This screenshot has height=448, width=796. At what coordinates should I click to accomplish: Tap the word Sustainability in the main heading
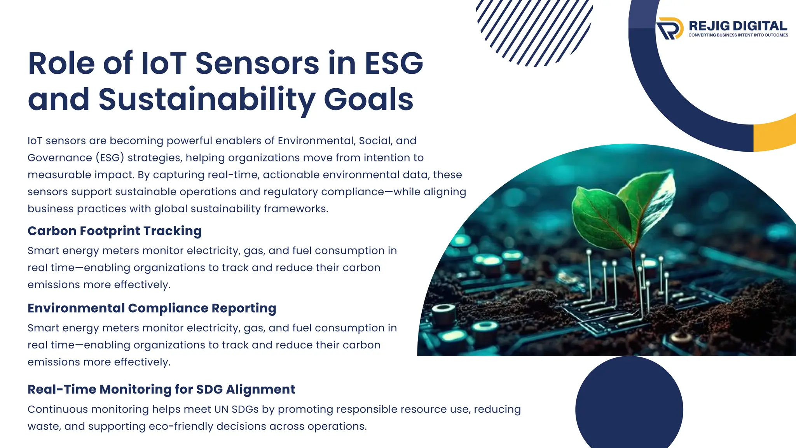tap(206, 100)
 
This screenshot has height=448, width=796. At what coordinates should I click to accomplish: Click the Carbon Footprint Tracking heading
tap(114, 231)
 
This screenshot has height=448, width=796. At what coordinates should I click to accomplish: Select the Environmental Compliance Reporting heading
tap(152, 308)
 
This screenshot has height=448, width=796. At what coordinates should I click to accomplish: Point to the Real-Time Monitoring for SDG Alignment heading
tap(161, 389)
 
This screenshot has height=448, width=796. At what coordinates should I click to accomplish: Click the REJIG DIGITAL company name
tap(738, 26)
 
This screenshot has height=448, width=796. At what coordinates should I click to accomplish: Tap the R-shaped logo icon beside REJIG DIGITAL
tap(670, 28)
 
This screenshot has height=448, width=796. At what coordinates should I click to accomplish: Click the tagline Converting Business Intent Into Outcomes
tap(738, 35)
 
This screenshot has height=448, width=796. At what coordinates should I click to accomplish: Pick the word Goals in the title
tap(368, 100)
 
